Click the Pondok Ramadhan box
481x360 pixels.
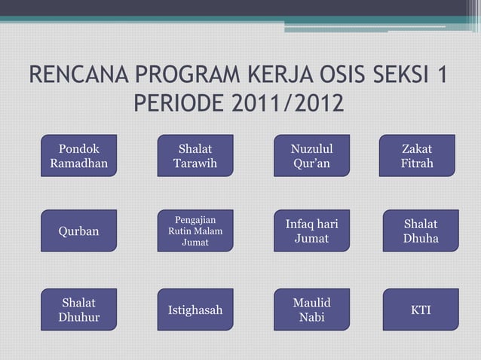79,156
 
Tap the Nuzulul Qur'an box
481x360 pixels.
311,156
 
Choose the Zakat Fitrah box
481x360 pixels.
417,156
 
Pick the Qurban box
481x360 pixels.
79,231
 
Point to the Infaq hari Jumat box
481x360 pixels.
311,231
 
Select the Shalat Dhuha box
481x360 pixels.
420,231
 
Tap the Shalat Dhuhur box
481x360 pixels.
79,310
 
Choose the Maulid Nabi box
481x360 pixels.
311,310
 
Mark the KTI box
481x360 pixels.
420,310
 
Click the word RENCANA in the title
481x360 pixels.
78,75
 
